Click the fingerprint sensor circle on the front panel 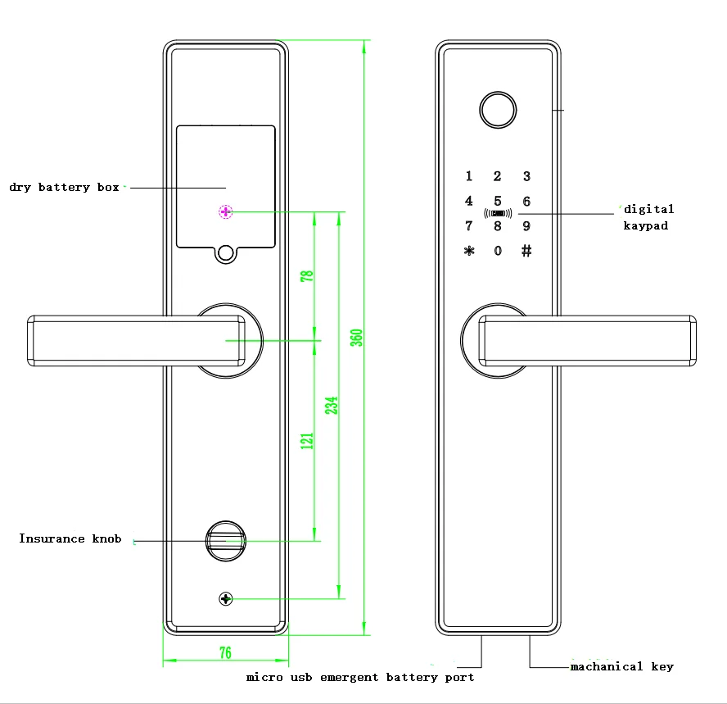pyautogui.click(x=497, y=110)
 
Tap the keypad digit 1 pyautogui.click(x=469, y=176)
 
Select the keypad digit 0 pyautogui.click(x=498, y=251)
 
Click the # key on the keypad pyautogui.click(x=526, y=251)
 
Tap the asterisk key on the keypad pyautogui.click(x=469, y=251)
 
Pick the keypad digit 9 pyautogui.click(x=526, y=226)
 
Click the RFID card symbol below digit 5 pyautogui.click(x=498, y=214)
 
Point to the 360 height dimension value pyautogui.click(x=356, y=338)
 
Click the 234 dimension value pyautogui.click(x=332, y=406)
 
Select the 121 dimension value pyautogui.click(x=308, y=440)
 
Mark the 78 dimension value pyautogui.click(x=308, y=275)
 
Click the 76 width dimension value pyautogui.click(x=225, y=653)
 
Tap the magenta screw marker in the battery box pyautogui.click(x=226, y=212)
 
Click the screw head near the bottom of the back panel pyautogui.click(x=226, y=599)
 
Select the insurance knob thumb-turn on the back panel pyautogui.click(x=226, y=540)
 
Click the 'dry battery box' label pyautogui.click(x=64, y=188)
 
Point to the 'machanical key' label pyautogui.click(x=621, y=667)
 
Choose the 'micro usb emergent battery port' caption pyautogui.click(x=360, y=678)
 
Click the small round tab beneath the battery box pyautogui.click(x=226, y=254)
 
